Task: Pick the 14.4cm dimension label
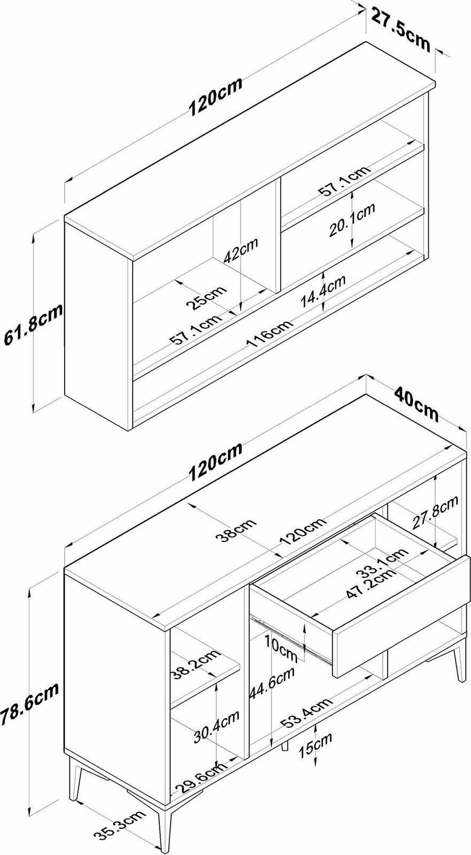pos(323,291)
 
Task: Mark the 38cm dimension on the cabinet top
pos(236,531)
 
